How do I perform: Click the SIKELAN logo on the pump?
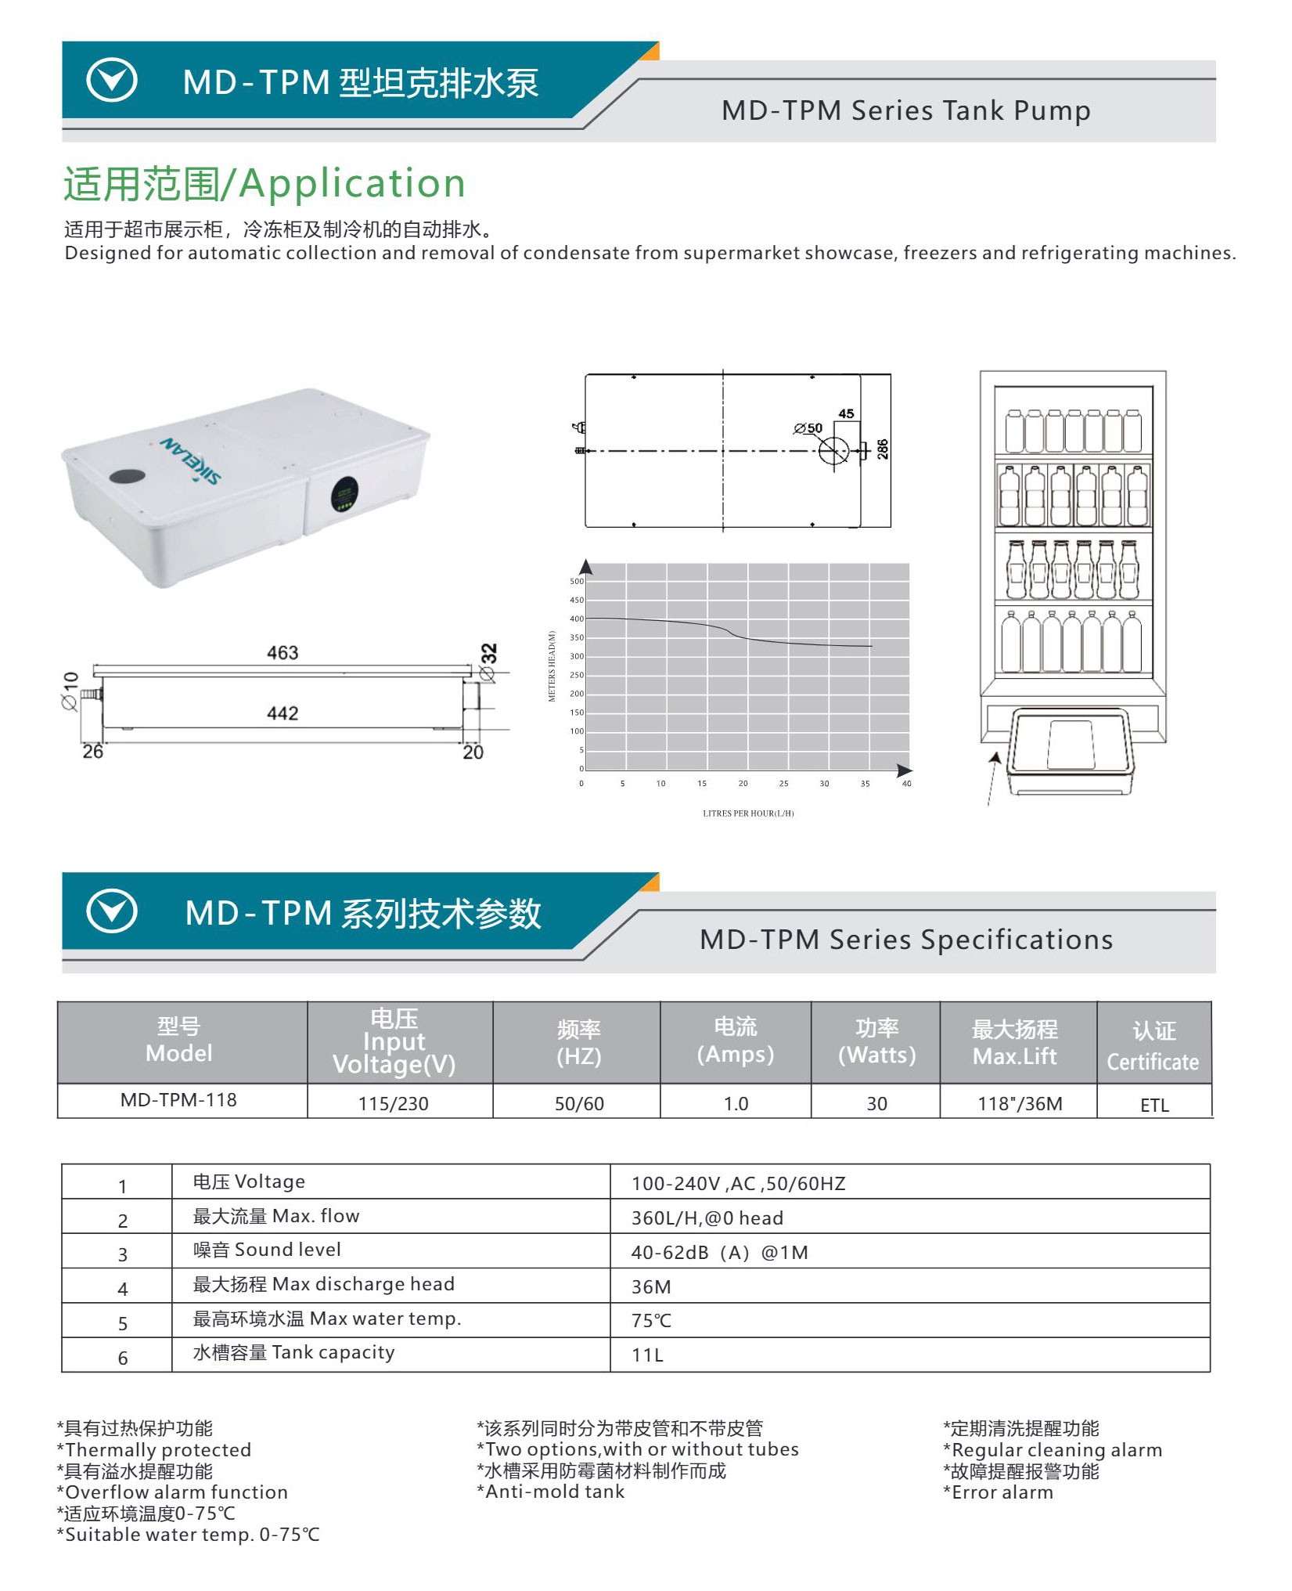(x=191, y=460)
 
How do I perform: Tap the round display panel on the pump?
(x=344, y=493)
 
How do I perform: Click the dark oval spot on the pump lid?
(x=127, y=476)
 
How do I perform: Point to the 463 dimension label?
(x=283, y=653)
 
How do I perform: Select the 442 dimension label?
(x=283, y=713)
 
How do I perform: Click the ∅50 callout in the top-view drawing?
(x=808, y=428)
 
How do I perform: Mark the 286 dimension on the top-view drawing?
(x=883, y=449)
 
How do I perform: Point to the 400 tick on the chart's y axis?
(x=577, y=619)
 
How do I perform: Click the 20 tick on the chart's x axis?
(x=743, y=784)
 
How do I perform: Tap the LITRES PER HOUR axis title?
(x=748, y=814)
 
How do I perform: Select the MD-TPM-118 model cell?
(x=178, y=1100)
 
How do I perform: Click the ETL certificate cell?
(x=1154, y=1105)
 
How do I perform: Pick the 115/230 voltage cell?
(x=394, y=1104)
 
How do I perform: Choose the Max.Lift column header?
(x=1015, y=1043)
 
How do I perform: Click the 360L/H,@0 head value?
(x=707, y=1218)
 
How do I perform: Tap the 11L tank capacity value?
(x=648, y=1355)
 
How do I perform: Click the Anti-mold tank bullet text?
(x=555, y=1492)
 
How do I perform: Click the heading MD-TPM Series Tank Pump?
(x=905, y=111)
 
